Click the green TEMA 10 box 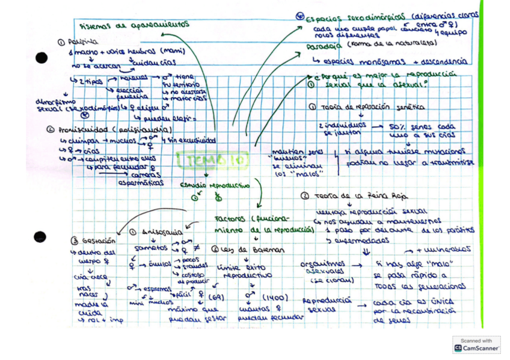[x=204, y=160]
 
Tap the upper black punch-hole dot [x=41, y=58]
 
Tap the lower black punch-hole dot [x=40, y=236]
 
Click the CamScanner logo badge [x=476, y=344]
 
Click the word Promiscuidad [x=82, y=130]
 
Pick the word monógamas [x=381, y=61]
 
